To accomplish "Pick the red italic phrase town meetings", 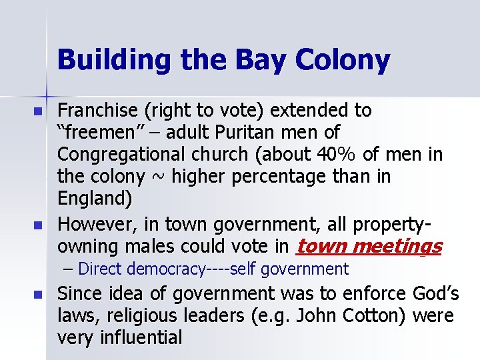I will pyautogui.click(x=368, y=247).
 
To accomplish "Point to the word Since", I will pyautogui.click(x=79, y=293).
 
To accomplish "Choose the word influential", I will pyautogui.click(x=141, y=337).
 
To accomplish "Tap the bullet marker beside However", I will pyautogui.click(x=38, y=225).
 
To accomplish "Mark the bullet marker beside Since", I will pyautogui.click(x=38, y=295).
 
